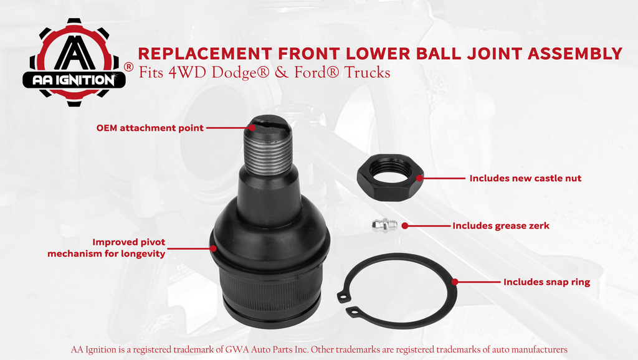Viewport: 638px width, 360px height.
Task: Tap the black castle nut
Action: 391,178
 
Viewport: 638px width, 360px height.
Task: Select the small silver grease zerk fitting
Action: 385,225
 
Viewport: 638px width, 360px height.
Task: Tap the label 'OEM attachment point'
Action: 150,128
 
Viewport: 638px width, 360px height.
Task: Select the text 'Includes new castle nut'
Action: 525,178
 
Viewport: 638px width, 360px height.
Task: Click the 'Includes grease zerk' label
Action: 501,225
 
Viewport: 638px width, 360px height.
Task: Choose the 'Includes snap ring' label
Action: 546,282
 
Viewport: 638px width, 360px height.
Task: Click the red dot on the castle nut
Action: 420,178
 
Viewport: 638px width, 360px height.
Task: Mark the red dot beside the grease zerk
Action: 405,225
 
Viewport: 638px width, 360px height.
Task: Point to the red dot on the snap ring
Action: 454,282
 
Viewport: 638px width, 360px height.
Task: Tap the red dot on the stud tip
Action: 252,127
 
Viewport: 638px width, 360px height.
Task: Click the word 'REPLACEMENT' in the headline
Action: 204,54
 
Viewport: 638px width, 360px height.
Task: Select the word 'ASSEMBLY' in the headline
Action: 575,54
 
